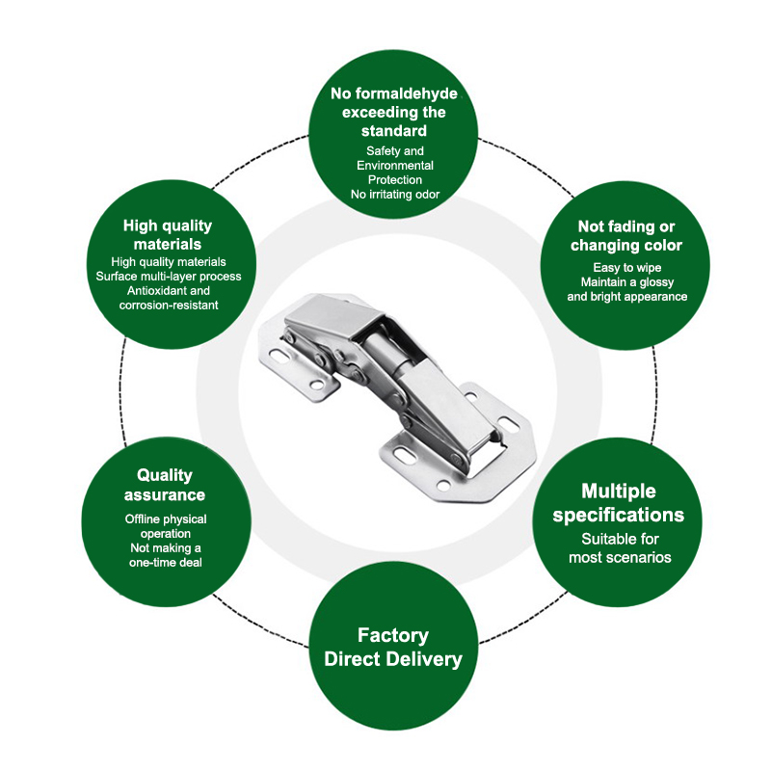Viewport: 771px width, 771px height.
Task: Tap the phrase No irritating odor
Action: point(395,195)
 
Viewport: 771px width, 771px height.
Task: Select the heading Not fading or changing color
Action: point(625,235)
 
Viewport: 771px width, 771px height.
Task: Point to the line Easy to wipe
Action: point(627,268)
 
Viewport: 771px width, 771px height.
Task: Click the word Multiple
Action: point(619,492)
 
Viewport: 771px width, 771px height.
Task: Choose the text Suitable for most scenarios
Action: point(620,548)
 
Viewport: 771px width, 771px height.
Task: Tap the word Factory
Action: point(393,635)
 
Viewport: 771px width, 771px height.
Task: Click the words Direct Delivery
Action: point(393,659)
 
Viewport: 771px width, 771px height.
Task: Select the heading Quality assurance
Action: point(165,485)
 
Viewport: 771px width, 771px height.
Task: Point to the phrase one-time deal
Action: point(166,563)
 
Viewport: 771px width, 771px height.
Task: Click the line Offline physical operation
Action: point(166,526)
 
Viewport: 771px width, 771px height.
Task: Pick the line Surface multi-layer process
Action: point(169,277)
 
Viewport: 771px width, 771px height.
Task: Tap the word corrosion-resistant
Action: point(169,306)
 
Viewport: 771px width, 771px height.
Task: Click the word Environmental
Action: point(395,165)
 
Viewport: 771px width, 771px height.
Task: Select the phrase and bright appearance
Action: point(627,297)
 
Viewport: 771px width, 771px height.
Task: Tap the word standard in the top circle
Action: point(394,131)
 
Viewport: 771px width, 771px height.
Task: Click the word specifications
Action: point(619,515)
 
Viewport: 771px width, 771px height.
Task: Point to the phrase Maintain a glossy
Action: point(627,282)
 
